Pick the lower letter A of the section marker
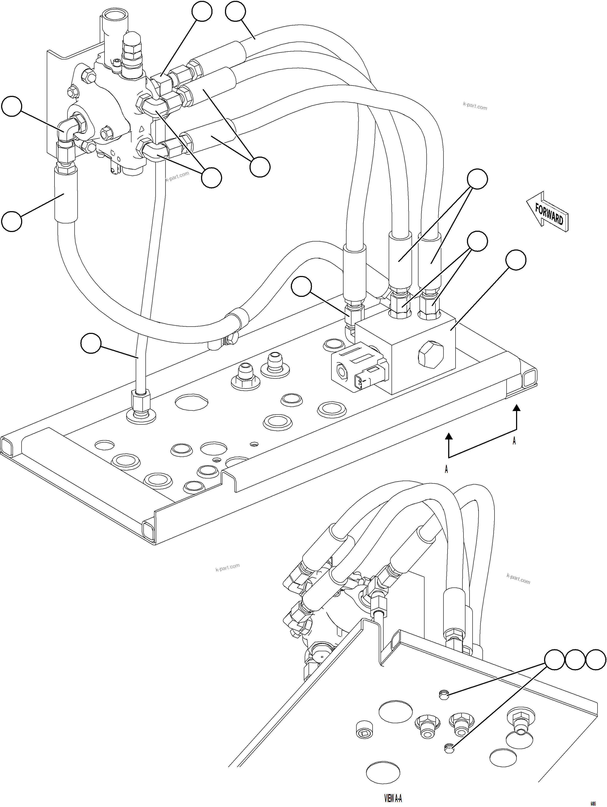[x=446, y=470]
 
